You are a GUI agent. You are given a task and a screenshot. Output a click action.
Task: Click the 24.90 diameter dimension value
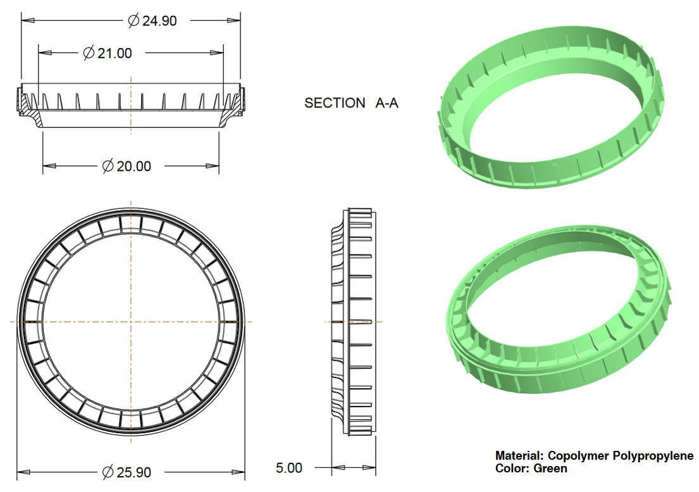tap(159, 21)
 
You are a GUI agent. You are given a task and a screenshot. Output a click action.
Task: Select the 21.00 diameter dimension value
tap(114, 53)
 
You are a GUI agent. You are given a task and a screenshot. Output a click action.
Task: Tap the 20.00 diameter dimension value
tap(134, 167)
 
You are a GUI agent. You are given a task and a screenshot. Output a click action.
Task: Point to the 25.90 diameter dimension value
tap(134, 472)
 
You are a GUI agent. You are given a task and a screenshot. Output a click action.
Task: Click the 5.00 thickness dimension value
tap(289, 468)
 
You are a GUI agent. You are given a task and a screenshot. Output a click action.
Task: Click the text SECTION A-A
tap(351, 103)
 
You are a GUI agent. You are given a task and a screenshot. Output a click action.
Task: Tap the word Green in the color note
tap(550, 469)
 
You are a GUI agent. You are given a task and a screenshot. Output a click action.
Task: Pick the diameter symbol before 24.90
tap(133, 21)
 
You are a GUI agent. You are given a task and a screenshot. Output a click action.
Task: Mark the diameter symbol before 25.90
tap(108, 472)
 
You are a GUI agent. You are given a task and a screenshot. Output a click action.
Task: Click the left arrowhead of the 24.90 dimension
tap(27, 21)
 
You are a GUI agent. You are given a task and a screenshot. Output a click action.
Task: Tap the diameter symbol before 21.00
tap(89, 53)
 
